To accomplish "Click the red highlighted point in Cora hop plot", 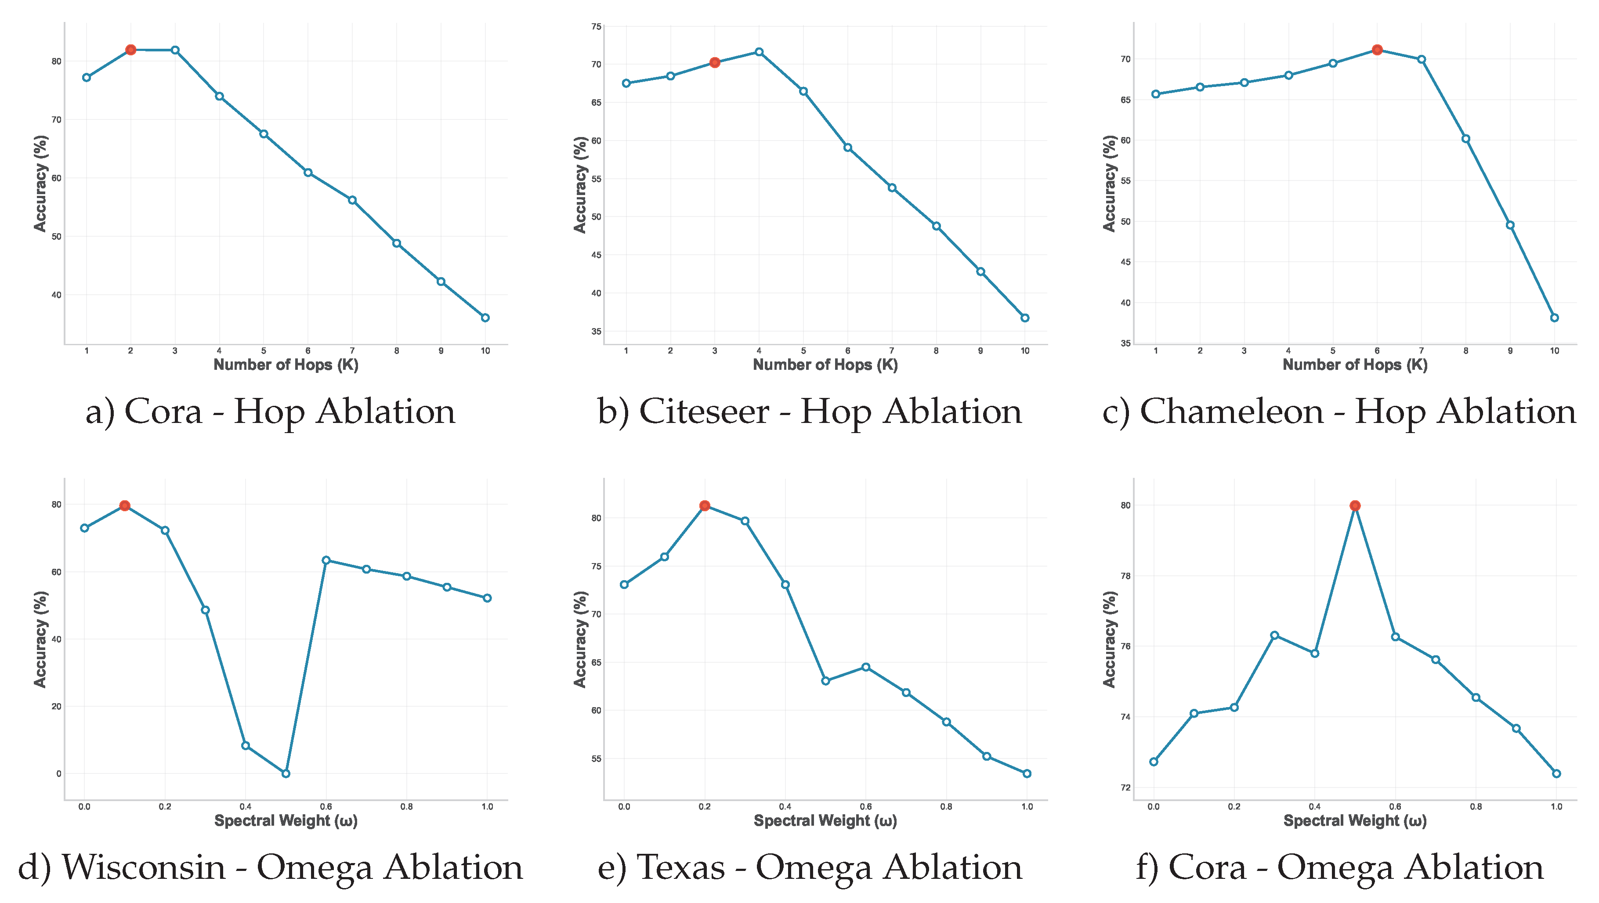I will tap(130, 50).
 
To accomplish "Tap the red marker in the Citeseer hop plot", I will tap(714, 63).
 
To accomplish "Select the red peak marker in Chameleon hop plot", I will tap(1377, 50).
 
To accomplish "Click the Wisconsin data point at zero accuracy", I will tap(286, 773).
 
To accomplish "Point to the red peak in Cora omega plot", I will tap(1355, 506).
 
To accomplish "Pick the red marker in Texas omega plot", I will tap(705, 506).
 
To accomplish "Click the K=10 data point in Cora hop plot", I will tap(485, 318).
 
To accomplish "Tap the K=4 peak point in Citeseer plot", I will tap(759, 52).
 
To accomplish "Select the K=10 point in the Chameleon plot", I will tap(1554, 318).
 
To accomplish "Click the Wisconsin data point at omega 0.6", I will tap(326, 560).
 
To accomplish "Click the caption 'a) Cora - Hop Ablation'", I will tap(270, 412).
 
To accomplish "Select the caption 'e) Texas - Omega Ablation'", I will tap(810, 867).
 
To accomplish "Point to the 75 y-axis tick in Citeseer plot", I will tap(596, 27).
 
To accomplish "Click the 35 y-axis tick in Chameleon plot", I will tap(1125, 343).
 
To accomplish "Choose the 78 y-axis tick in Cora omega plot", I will tap(1125, 576).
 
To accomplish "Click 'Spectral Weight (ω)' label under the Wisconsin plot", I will tap(286, 820).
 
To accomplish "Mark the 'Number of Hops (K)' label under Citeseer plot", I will tap(825, 365).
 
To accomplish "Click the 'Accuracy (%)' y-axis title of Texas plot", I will tap(580, 639).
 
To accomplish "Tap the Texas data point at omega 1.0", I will tap(1027, 773).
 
